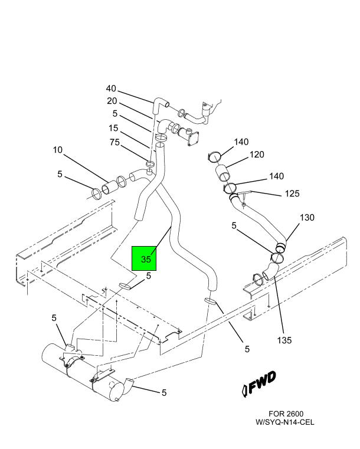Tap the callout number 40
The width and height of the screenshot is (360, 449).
coord(111,89)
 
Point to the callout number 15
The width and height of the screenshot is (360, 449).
coord(113,128)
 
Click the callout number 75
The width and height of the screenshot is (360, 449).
coord(115,142)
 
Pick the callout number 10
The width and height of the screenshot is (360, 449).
coord(57,150)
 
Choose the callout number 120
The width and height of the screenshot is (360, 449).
coord(256,155)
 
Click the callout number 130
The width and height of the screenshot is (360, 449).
coord(307,218)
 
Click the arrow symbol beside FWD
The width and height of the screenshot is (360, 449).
coord(245,389)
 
